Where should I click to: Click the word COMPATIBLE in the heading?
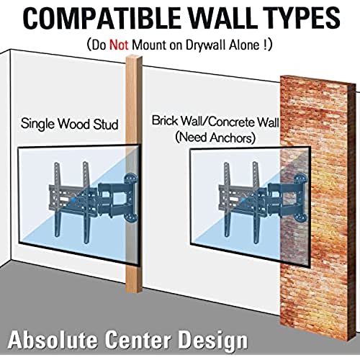coord(102,19)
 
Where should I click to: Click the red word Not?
coord(119,45)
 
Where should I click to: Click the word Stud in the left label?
coord(106,124)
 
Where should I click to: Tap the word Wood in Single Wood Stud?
coord(74,124)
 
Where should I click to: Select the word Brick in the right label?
coord(165,120)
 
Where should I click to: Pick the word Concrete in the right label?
coord(232,122)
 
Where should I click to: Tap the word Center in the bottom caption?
coord(138,339)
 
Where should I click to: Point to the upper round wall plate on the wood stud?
coord(131,179)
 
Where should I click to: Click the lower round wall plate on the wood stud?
coord(131,217)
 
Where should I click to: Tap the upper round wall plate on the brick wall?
coord(301,179)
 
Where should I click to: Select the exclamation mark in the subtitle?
coord(265,45)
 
